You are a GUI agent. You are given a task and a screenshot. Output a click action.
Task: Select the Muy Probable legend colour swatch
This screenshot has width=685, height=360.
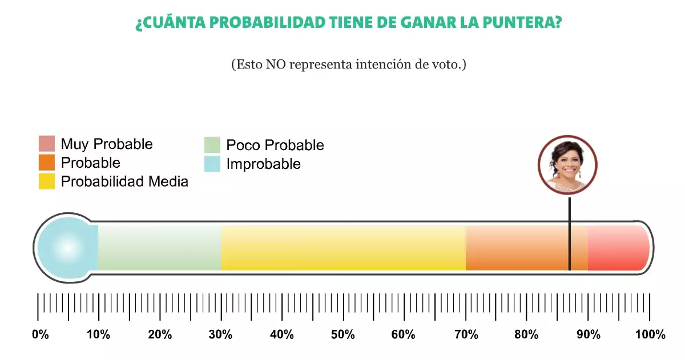point(47,144)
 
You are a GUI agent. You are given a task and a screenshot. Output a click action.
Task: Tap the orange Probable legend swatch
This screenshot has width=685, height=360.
point(47,163)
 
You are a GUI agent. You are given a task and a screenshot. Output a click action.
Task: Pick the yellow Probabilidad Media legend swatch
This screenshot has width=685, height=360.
point(47,181)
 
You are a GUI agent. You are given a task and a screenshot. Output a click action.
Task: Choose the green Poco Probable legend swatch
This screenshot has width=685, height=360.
point(212,145)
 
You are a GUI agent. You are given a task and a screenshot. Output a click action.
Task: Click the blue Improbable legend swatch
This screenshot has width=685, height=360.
point(212,164)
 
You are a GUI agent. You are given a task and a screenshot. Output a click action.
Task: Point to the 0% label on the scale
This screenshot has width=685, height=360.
point(40,335)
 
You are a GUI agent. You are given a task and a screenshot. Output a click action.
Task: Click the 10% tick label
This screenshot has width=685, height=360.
point(98,335)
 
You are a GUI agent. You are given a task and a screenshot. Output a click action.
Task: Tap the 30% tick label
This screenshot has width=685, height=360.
point(220,335)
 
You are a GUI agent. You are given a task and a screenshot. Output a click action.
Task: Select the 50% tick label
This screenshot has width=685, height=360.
point(342,335)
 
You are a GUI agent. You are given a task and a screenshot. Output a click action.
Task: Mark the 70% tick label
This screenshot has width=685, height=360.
point(465,335)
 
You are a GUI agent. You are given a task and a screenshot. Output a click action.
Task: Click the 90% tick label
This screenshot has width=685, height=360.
point(588,335)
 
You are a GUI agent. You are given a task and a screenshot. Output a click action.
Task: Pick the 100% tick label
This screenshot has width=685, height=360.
point(649,335)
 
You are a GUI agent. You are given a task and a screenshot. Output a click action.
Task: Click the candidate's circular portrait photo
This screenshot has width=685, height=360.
point(567,165)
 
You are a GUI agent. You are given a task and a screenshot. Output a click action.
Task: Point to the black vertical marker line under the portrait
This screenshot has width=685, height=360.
point(569,228)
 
